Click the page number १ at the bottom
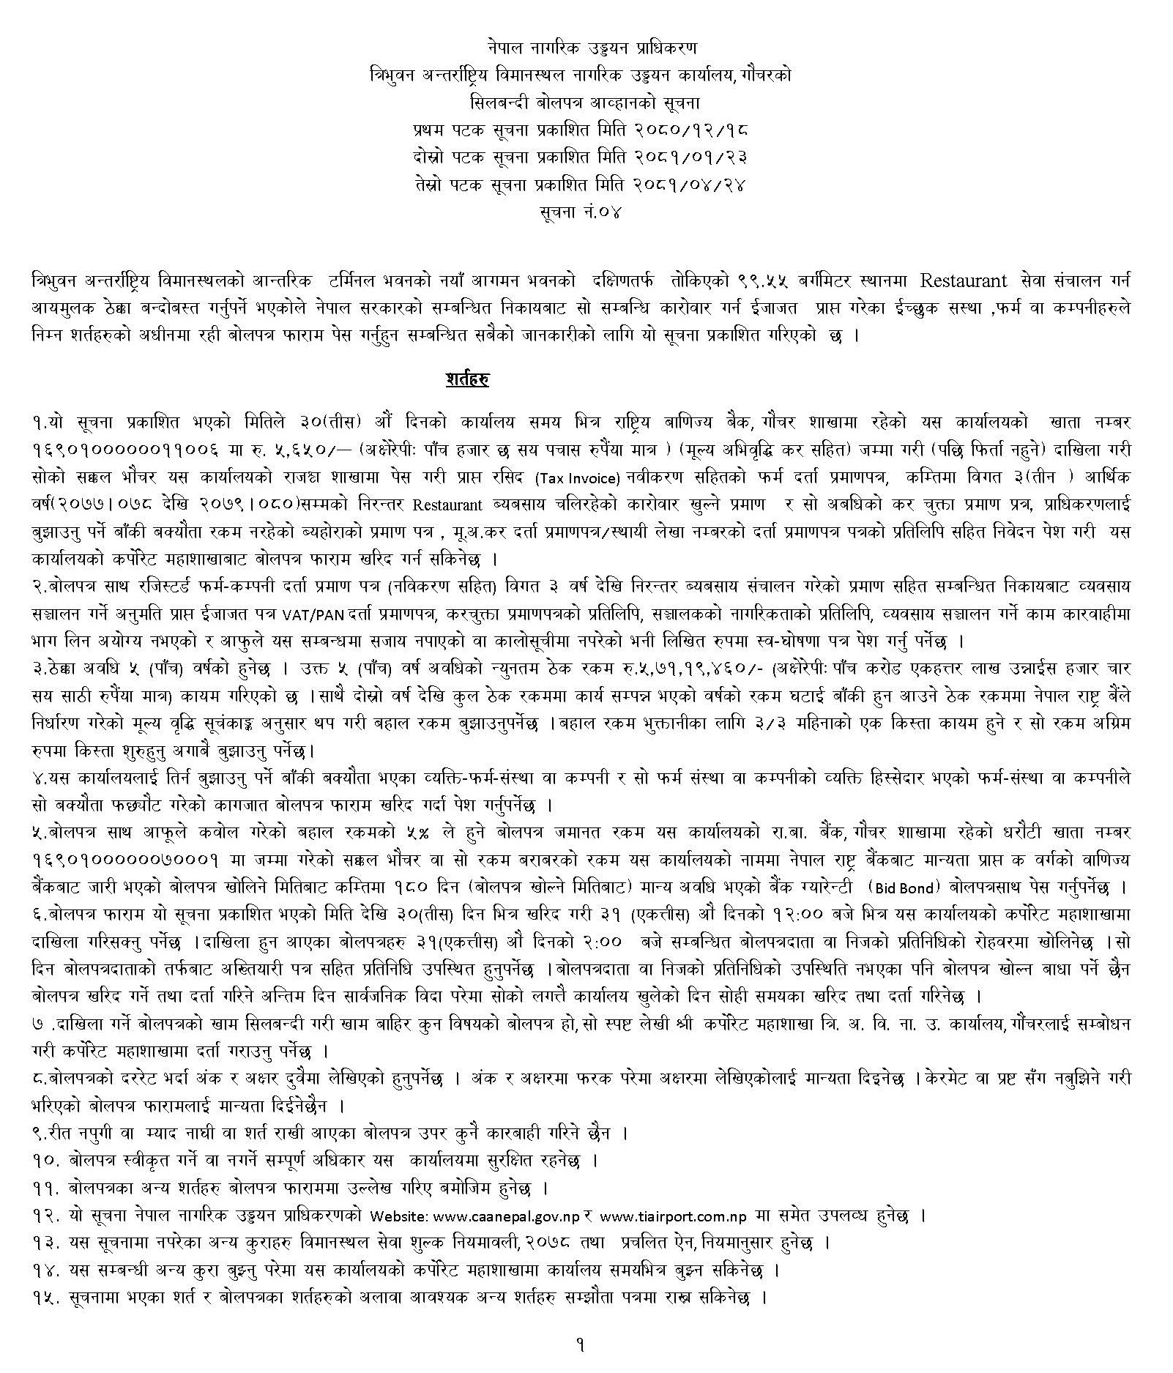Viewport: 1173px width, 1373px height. click(580, 1345)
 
